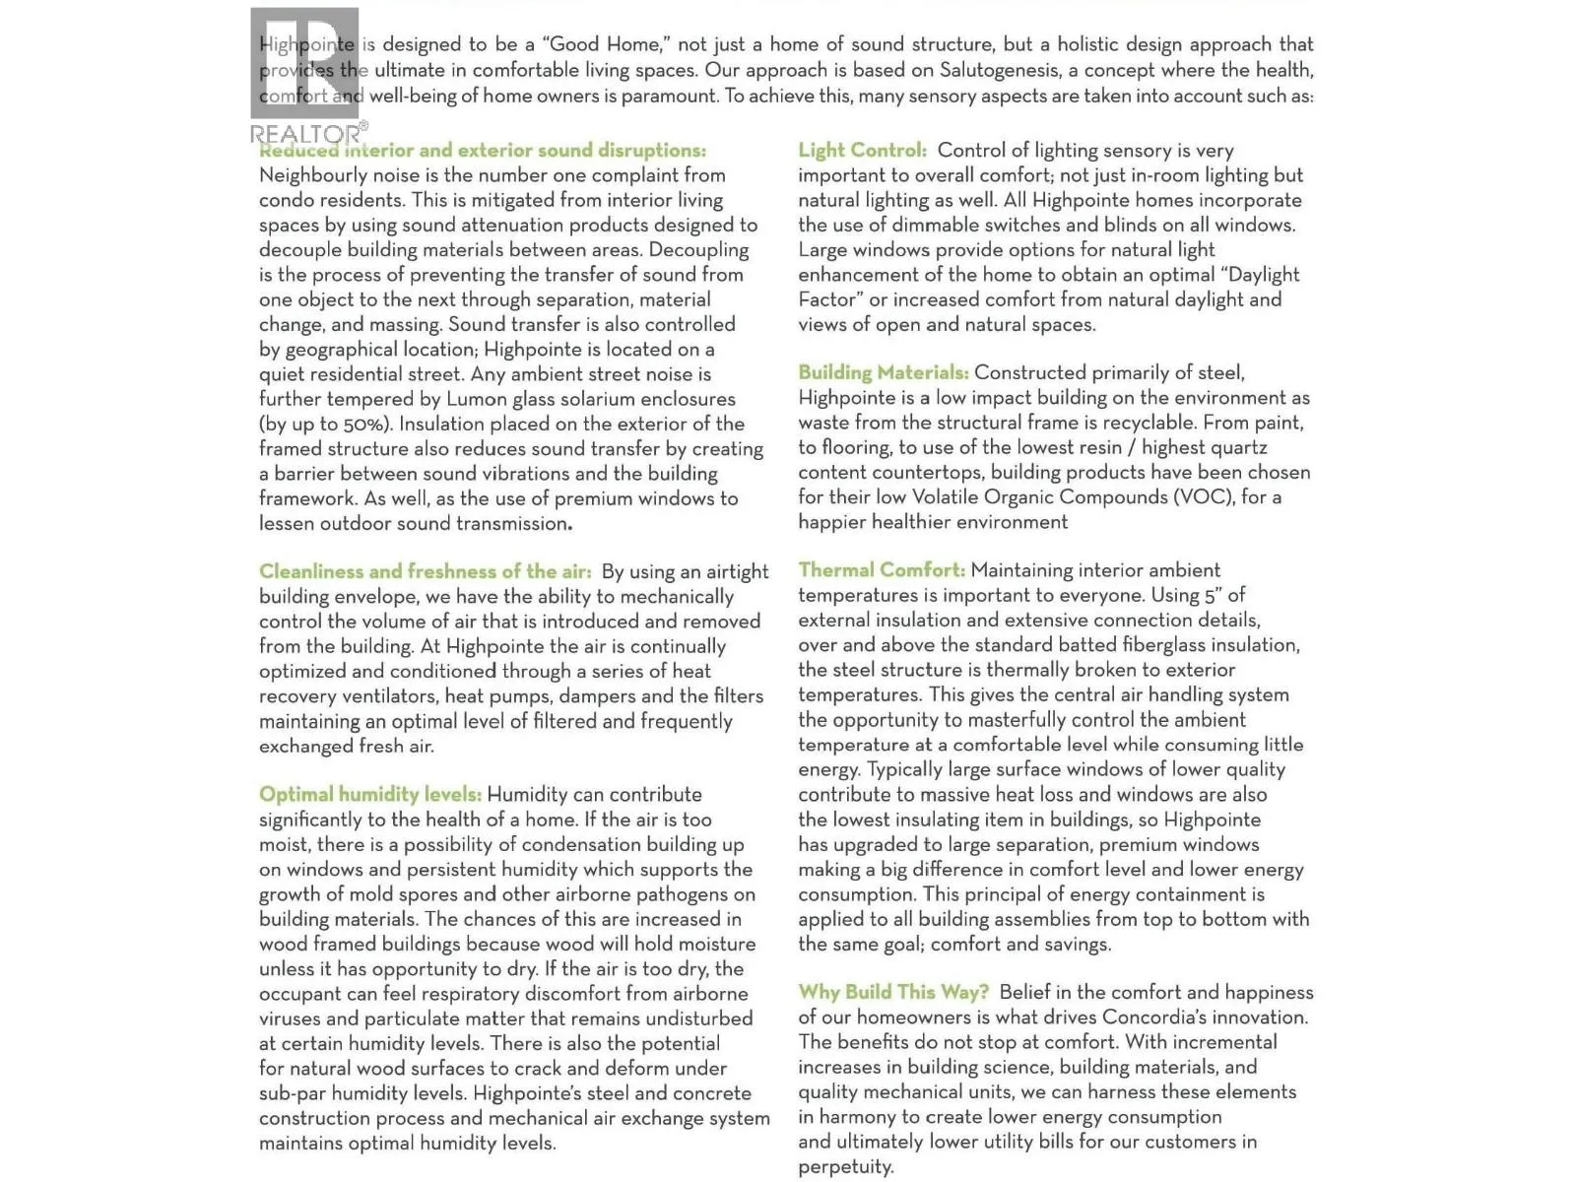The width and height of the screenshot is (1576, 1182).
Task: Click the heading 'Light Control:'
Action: click(862, 151)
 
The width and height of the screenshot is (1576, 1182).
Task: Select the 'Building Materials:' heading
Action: click(883, 372)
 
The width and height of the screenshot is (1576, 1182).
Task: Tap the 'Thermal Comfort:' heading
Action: click(882, 570)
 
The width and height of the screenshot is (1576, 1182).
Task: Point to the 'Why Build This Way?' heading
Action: click(893, 992)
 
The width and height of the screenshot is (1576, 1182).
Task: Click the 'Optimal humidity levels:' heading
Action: click(370, 795)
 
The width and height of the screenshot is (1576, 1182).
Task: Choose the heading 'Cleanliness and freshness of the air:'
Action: click(426, 571)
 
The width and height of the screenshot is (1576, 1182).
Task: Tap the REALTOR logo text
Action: click(306, 133)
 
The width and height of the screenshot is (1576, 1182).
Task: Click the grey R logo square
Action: click(304, 63)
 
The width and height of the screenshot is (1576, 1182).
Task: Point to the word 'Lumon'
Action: click(478, 399)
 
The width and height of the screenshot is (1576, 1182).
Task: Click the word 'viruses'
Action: click(290, 1018)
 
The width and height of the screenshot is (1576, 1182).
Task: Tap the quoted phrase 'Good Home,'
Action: click(610, 44)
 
